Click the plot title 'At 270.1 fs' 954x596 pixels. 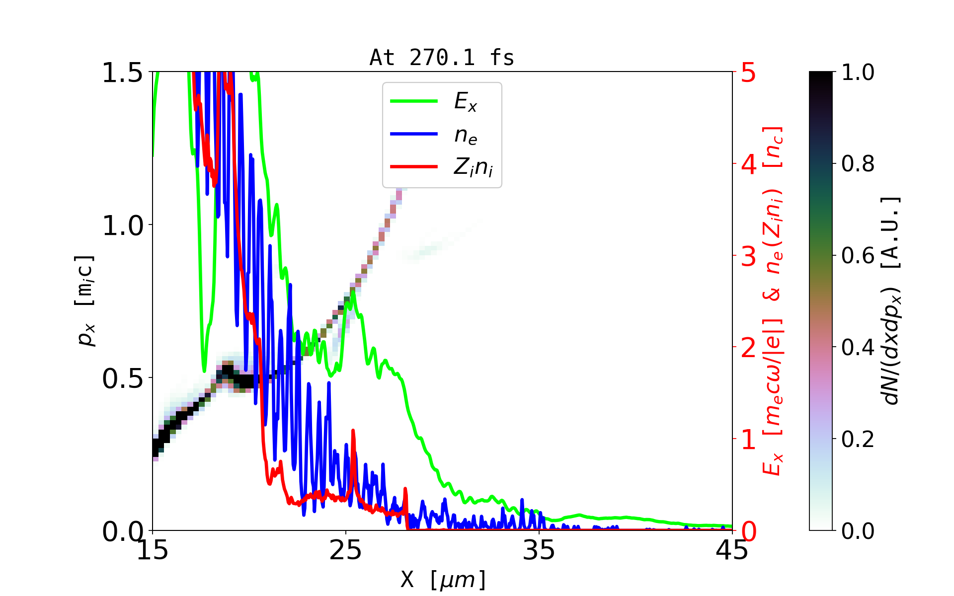click(x=442, y=58)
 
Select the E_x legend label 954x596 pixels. click(x=466, y=102)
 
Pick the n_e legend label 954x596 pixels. click(x=466, y=135)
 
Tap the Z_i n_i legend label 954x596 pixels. click(x=473, y=167)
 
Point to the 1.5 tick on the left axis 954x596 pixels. click(x=122, y=73)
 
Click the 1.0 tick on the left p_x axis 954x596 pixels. click(x=122, y=225)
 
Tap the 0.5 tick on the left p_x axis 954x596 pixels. click(x=122, y=378)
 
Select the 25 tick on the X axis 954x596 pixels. click(x=346, y=550)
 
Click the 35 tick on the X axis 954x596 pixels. click(x=539, y=550)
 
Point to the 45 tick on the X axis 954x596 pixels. click(x=732, y=550)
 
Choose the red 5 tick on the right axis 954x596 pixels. click(x=749, y=73)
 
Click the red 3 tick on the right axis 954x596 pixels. click(x=749, y=256)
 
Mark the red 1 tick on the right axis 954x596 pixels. click(x=749, y=440)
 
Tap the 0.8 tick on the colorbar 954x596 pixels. click(x=858, y=163)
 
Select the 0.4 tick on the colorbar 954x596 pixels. click(x=858, y=347)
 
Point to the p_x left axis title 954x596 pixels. click(x=85, y=300)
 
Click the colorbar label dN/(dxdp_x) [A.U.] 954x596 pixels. click(x=892, y=300)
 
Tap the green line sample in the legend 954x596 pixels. click(x=414, y=101)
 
